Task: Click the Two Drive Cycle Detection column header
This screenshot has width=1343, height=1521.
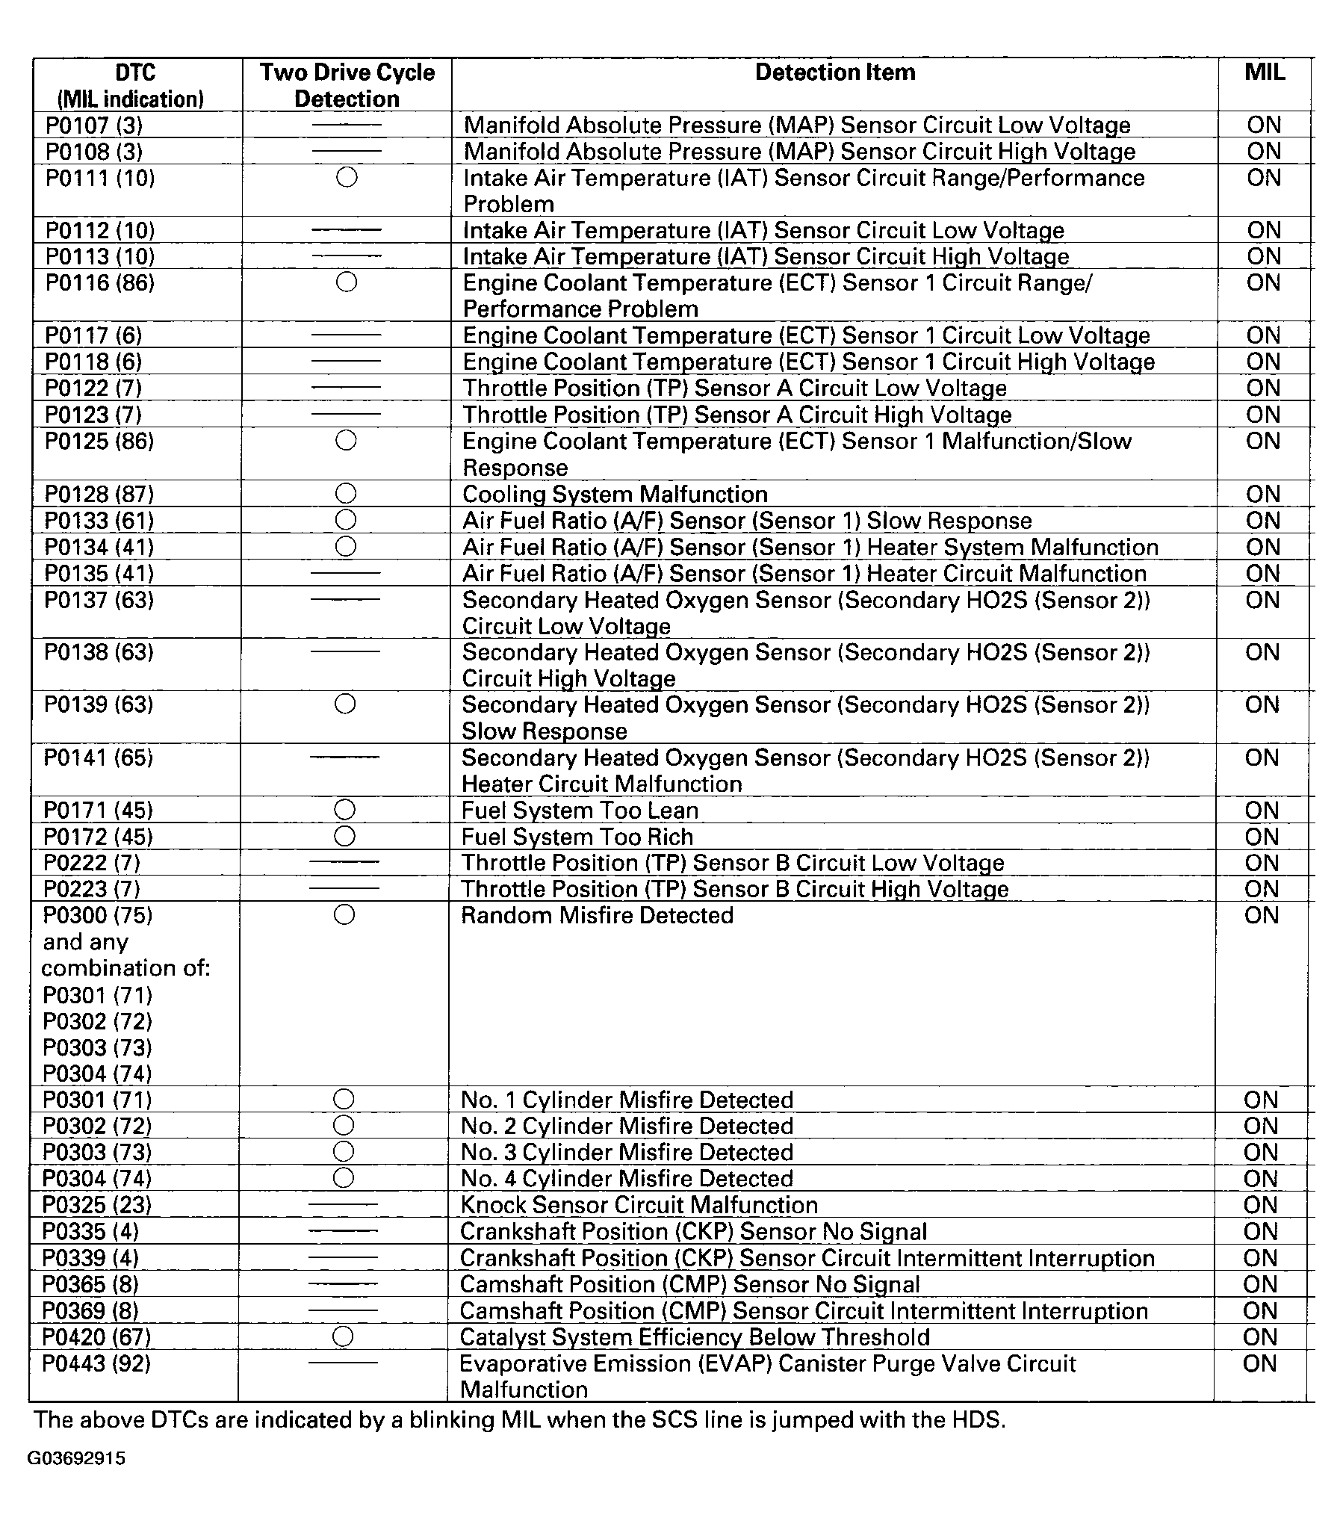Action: (x=347, y=85)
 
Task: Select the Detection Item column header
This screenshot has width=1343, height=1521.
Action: (x=834, y=72)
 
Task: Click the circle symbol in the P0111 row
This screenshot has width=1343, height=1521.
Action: (x=347, y=178)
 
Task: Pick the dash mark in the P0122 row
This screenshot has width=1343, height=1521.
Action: (x=346, y=388)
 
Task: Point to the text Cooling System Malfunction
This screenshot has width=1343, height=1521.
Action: (x=615, y=495)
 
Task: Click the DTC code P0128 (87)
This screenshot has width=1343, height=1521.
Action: (x=99, y=495)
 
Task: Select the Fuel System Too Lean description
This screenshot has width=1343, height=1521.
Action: (x=580, y=811)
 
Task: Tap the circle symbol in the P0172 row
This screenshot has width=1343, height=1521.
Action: (x=344, y=836)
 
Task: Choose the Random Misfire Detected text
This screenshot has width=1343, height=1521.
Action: (x=597, y=916)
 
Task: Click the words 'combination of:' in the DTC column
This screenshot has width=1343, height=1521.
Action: (x=125, y=968)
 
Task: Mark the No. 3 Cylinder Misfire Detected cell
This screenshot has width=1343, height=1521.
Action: (x=627, y=1152)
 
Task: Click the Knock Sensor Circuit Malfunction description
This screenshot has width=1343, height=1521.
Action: (x=639, y=1205)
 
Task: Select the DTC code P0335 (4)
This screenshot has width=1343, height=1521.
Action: (x=90, y=1231)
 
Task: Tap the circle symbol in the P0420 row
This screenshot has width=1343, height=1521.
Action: (x=343, y=1336)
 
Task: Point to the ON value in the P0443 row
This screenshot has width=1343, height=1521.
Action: (x=1260, y=1363)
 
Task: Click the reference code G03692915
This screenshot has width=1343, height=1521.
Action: (x=77, y=1459)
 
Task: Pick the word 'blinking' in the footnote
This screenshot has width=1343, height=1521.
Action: (x=444, y=1419)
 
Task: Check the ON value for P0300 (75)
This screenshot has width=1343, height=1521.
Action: (x=1262, y=916)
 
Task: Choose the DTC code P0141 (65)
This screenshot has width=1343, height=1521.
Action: (x=98, y=758)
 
